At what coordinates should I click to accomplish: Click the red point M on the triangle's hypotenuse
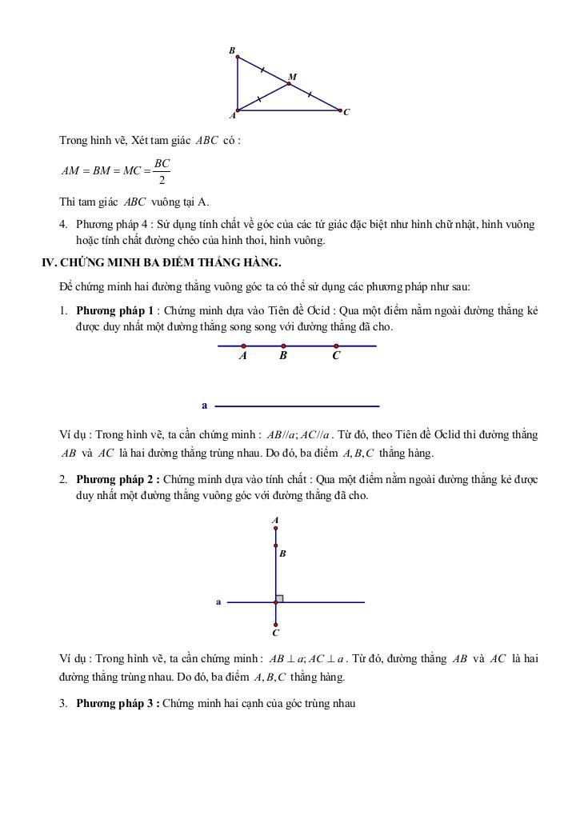point(290,83)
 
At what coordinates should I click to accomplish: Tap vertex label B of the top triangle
point(232,51)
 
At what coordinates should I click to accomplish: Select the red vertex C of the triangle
point(340,110)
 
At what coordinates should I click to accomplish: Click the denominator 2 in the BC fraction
point(162,179)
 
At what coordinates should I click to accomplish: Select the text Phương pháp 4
point(112,225)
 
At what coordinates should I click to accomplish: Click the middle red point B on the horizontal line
point(283,346)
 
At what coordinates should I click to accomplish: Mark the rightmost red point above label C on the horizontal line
point(336,346)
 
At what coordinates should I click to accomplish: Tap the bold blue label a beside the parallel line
point(205,406)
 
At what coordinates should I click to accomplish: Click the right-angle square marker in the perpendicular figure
point(280,598)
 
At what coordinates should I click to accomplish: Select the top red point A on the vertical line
point(276,528)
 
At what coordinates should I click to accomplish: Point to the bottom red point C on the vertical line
point(276,625)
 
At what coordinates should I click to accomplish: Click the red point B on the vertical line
point(276,545)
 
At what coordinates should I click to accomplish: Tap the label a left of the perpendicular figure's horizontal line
point(218,601)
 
